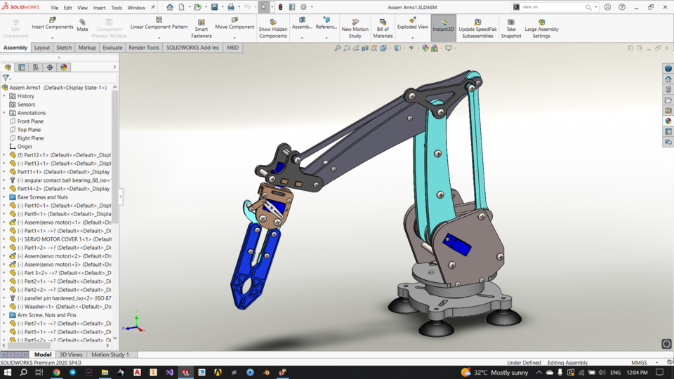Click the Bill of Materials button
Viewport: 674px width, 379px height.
tap(383, 27)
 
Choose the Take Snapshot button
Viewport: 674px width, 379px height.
tap(511, 27)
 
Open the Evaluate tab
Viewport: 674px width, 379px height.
tap(112, 48)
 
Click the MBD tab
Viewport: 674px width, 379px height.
tap(232, 48)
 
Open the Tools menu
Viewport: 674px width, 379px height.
tap(117, 8)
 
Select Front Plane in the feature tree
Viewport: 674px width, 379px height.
tap(30, 121)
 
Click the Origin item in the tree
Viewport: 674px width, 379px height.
tap(25, 147)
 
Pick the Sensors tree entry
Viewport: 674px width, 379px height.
tap(26, 105)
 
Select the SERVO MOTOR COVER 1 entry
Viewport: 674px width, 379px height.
tap(63, 239)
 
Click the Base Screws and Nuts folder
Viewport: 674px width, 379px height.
tap(42, 197)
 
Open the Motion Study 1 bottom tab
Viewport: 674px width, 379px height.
tap(110, 354)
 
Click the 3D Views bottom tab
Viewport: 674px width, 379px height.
tap(71, 354)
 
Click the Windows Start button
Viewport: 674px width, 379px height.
tap(8, 372)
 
